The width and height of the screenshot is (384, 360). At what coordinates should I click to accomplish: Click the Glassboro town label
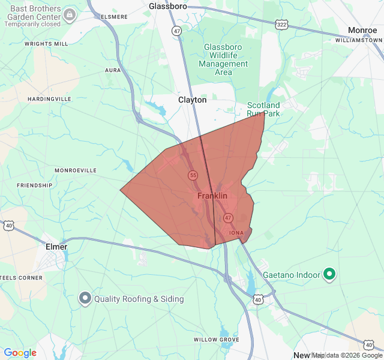(168, 6)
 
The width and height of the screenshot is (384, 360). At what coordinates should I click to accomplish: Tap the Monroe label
(362, 30)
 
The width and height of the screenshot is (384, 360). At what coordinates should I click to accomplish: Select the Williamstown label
(359, 40)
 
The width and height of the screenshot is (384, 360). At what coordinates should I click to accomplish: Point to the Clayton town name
(192, 100)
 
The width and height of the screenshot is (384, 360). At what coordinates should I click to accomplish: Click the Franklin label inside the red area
(212, 196)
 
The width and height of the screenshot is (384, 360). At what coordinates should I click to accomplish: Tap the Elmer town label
(56, 247)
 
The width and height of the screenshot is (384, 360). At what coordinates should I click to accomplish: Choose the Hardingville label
(49, 99)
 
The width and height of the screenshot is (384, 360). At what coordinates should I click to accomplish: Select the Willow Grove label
(216, 340)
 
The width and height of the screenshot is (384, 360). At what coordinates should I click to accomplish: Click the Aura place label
(113, 70)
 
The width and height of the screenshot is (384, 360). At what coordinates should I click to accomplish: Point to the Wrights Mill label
(46, 44)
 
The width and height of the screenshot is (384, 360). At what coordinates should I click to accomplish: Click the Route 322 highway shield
(281, 24)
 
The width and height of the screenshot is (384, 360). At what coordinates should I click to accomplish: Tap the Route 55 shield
(193, 175)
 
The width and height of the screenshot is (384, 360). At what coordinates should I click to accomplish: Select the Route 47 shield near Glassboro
(176, 31)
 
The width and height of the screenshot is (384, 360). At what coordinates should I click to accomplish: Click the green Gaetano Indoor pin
(329, 275)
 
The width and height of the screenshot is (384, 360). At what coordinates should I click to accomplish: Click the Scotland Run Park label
(263, 109)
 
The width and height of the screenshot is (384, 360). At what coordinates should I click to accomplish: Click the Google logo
(20, 353)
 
